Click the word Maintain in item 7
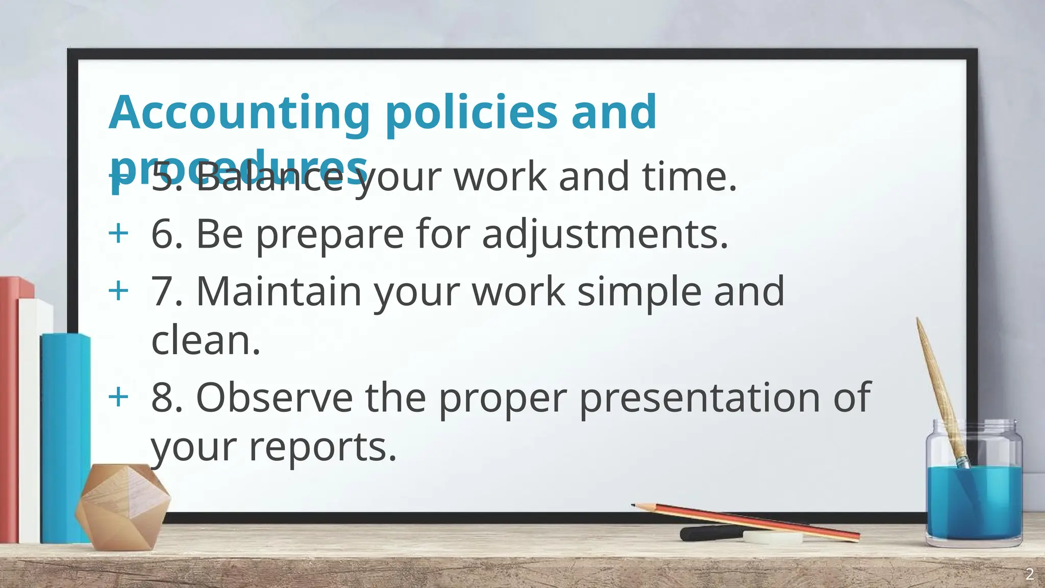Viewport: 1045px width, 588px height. pyautogui.click(x=279, y=291)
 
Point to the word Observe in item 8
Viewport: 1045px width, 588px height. pyautogui.click(x=275, y=398)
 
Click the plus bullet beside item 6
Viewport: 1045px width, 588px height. pyautogui.click(x=118, y=234)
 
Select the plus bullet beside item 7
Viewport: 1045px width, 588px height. pyautogui.click(x=118, y=291)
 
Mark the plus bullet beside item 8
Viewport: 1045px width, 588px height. pyautogui.click(x=118, y=397)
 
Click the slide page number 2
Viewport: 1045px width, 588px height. pyautogui.click(x=1030, y=574)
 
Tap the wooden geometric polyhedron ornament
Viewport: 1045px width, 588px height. pyautogui.click(x=122, y=505)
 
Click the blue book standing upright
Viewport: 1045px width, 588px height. pyautogui.click(x=64, y=439)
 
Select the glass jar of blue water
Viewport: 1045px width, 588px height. pyautogui.click(x=974, y=490)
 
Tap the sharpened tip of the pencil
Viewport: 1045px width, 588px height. pyautogui.click(x=634, y=505)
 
